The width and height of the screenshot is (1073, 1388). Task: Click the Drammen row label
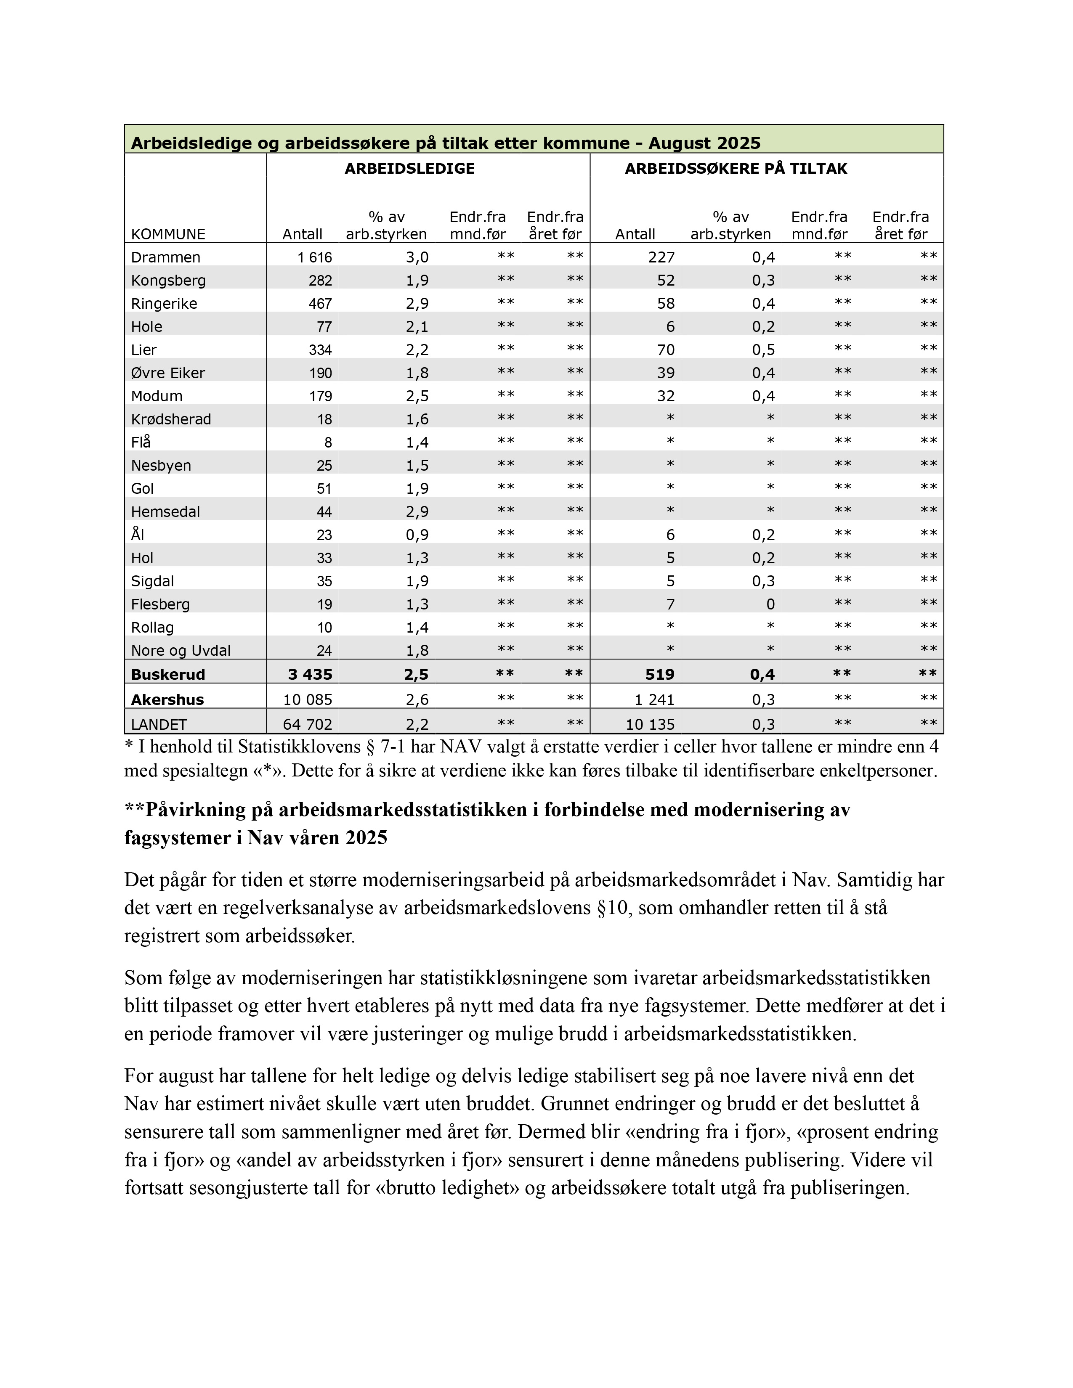[165, 257]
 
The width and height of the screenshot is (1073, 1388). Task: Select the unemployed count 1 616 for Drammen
[315, 257]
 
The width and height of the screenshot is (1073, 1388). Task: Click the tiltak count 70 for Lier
[666, 350]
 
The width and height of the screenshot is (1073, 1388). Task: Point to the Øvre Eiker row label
[168, 373]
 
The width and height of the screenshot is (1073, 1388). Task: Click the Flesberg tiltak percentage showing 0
[770, 604]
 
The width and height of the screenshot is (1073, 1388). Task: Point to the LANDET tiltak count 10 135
[650, 725]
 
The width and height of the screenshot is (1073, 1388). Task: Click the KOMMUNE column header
[168, 235]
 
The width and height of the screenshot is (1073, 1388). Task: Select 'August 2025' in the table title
[704, 143]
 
